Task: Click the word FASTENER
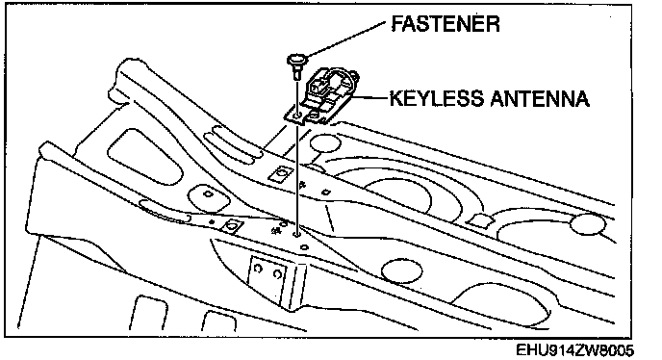point(446,24)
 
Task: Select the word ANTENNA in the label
point(540,98)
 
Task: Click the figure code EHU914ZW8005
point(575,350)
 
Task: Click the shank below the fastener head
point(297,72)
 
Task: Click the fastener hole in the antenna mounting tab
point(297,115)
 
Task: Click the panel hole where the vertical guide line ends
point(297,233)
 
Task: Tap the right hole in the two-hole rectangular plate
point(277,274)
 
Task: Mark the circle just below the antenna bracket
point(324,141)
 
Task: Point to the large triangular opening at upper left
point(145,156)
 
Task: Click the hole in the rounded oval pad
point(208,193)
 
